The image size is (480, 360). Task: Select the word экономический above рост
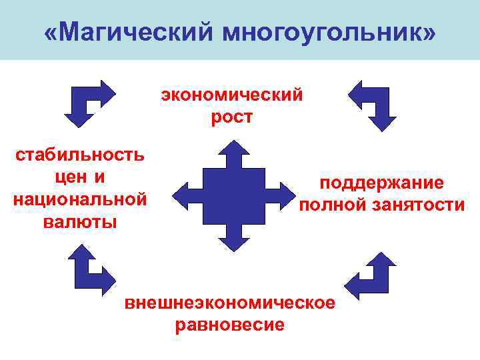point(231,95)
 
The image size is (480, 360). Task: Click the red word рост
point(231,117)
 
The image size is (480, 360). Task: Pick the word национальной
point(80,199)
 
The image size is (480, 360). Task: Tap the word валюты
point(80,221)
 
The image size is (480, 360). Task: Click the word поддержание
point(382,183)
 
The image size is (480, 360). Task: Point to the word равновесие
point(229,325)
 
